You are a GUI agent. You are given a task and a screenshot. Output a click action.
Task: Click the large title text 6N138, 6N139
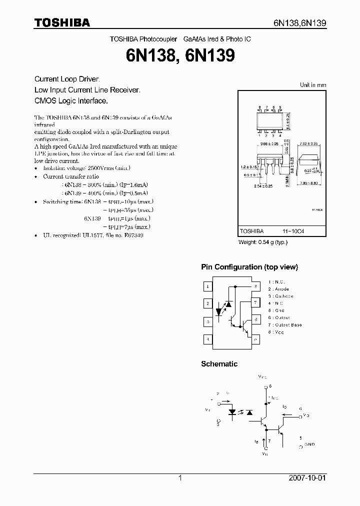pos(180,55)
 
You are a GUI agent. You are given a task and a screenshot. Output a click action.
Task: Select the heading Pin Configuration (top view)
pos(249,267)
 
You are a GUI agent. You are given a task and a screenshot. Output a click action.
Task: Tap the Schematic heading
pos(219,364)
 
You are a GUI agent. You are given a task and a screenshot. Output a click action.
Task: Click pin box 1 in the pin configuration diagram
pos(208,286)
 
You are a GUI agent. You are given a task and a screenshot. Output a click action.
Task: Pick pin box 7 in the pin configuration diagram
pos(255,302)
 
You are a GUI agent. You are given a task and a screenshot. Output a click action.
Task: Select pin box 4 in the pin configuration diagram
pos(208,339)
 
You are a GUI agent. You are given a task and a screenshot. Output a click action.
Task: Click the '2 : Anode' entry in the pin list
pos(278,289)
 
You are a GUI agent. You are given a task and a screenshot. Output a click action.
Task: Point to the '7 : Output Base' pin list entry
pos(284,325)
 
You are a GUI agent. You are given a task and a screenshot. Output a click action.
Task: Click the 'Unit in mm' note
pos(312,85)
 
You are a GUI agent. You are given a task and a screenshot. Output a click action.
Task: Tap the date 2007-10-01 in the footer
pos(307,478)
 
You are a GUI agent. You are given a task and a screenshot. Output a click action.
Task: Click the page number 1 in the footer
pos(180,478)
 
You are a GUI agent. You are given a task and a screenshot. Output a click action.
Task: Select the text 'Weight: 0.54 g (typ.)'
pos(263,242)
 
